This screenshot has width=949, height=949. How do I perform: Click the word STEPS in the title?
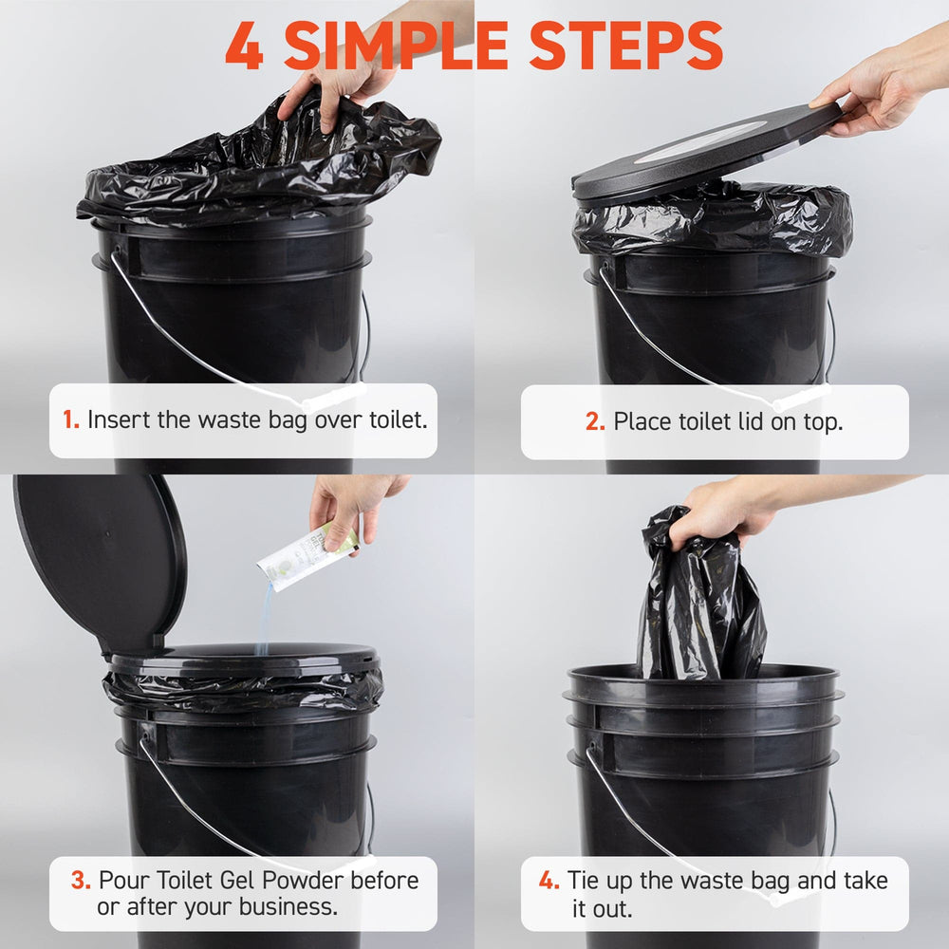coord(625,46)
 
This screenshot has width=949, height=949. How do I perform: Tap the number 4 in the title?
coord(245,46)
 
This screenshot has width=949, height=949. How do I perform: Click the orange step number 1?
coord(71,419)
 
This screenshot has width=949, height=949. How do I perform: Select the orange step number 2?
coord(595,421)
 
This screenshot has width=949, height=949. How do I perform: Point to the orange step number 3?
coord(81,880)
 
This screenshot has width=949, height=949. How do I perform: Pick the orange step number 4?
coord(549,880)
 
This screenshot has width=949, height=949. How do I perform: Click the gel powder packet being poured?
coord(307,554)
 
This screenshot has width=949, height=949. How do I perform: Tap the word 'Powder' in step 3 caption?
coord(305,880)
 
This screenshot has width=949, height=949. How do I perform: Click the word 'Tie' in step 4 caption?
coord(583,880)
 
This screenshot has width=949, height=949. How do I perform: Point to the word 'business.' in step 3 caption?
coord(288,906)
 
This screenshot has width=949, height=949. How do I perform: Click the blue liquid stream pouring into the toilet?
coord(264,619)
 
